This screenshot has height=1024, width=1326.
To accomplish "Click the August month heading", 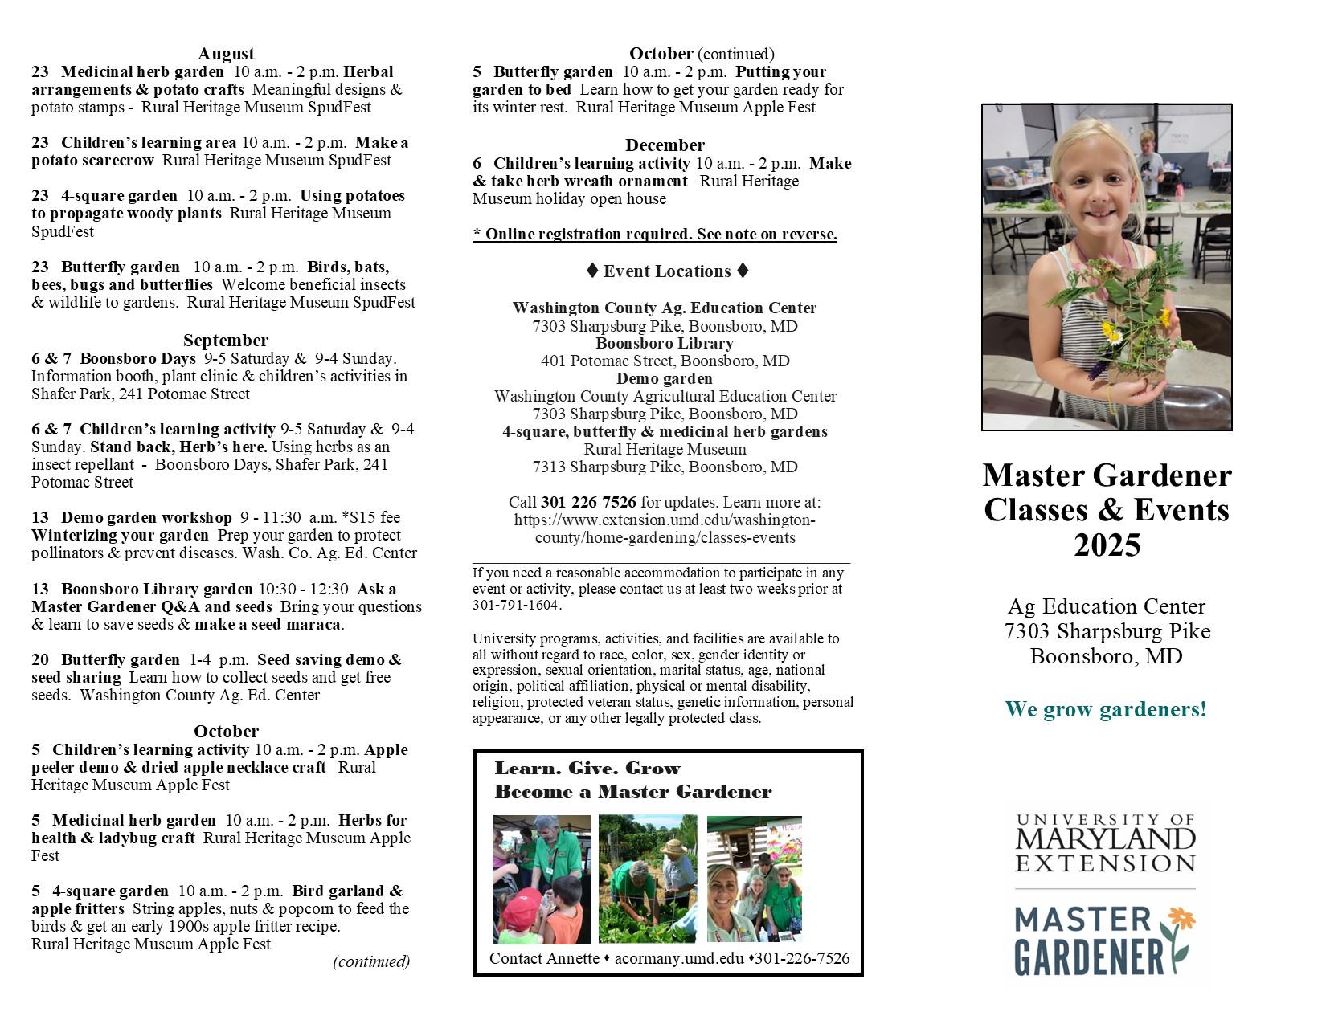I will [226, 54].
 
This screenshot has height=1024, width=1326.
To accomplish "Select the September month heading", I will [226, 340].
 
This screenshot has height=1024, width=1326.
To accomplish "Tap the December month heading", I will [665, 145].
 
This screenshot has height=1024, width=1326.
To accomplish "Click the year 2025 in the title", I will [1107, 546].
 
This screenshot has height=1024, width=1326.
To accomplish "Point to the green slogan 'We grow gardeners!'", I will [1106, 710].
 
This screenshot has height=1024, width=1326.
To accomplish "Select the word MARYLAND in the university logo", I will [1106, 840].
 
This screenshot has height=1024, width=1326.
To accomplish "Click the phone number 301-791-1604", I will [516, 606].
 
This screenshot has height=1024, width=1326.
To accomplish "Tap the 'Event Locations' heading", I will [667, 271].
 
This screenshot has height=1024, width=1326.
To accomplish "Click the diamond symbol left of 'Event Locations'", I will [592, 271].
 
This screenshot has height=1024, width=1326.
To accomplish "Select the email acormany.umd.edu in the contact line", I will [679, 958].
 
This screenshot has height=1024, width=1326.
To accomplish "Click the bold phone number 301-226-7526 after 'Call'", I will [588, 503].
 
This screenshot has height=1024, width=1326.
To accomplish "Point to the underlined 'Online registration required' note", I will [655, 235].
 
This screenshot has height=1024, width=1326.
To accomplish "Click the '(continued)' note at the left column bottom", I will [371, 961].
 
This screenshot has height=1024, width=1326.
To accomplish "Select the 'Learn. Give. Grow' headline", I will [587, 769].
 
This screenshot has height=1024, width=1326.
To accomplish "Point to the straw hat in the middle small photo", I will [673, 847].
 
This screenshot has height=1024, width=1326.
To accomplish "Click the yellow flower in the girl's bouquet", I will [1111, 331].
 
